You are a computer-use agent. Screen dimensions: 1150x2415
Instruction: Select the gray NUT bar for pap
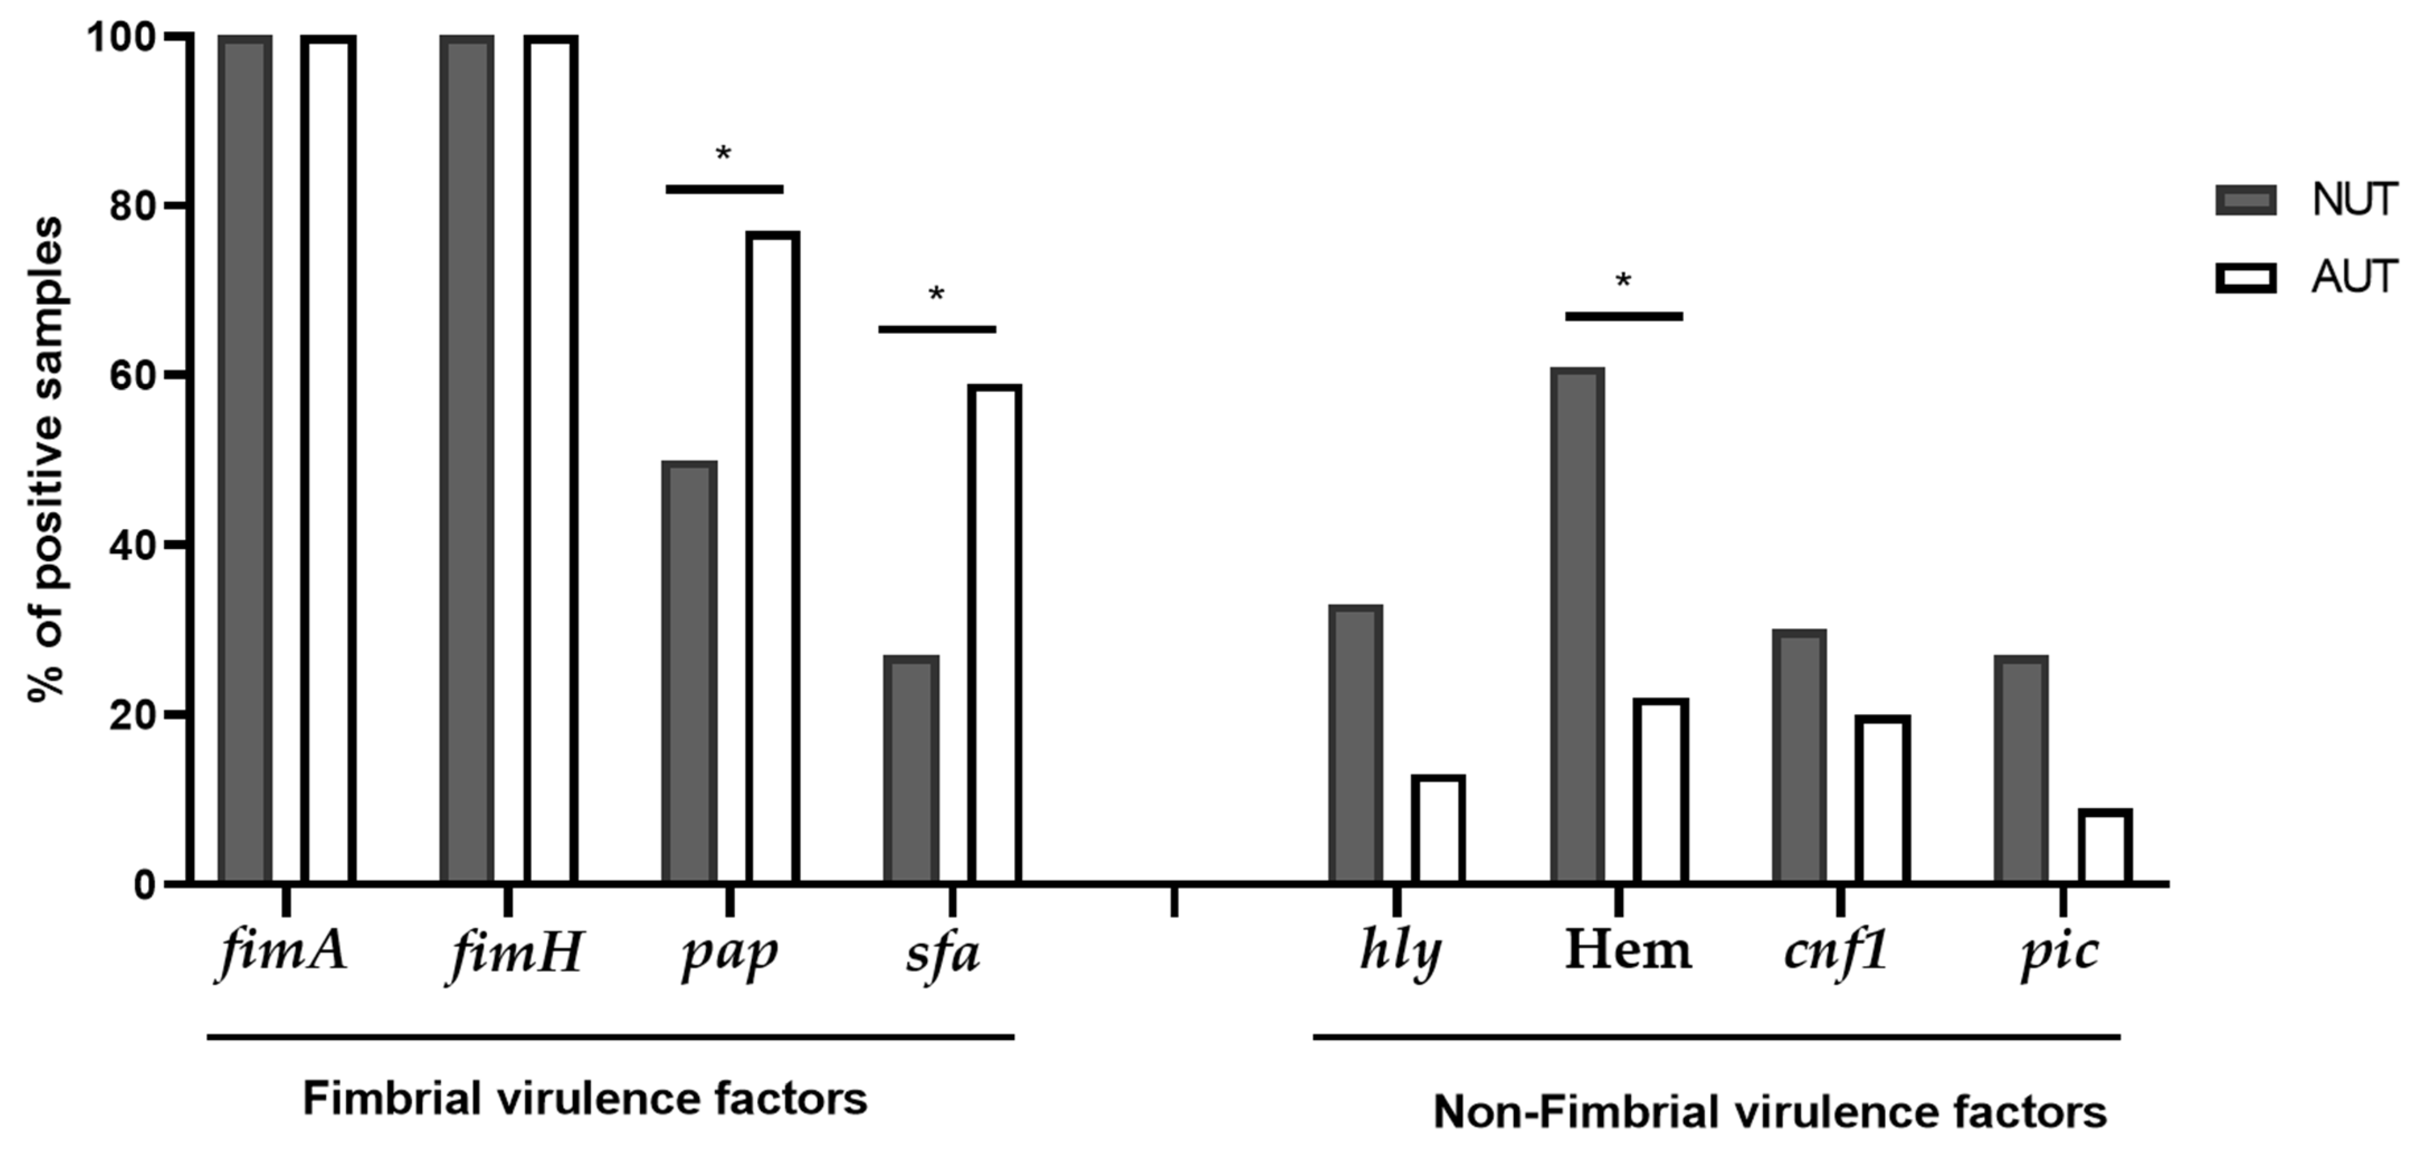(689, 672)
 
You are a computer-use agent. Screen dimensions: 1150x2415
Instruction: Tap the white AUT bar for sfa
(995, 634)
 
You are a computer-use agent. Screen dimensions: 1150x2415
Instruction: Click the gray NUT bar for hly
(1356, 744)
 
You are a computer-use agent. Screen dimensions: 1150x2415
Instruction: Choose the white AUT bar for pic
(2105, 846)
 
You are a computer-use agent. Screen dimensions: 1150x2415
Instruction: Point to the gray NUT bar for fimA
(245, 459)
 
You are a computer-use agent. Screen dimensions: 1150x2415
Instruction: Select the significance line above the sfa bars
(937, 329)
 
